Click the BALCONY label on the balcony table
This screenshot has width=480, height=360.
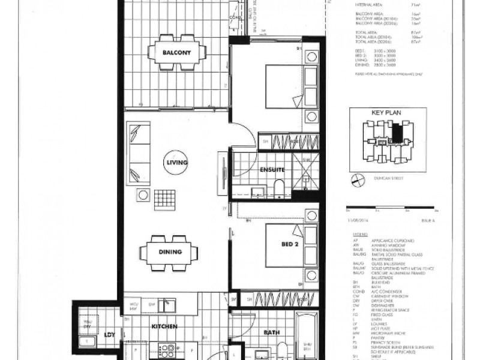pyautogui.click(x=176, y=53)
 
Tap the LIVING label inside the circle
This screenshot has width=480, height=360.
pyautogui.click(x=178, y=163)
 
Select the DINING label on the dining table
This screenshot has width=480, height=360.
pyautogui.click(x=170, y=251)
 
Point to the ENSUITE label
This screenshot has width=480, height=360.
pyautogui.click(x=271, y=170)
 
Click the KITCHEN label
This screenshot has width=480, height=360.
pyautogui.click(x=164, y=326)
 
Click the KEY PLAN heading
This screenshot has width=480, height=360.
pyautogui.click(x=386, y=113)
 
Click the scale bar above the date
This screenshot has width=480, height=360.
pyautogui.click(x=390, y=211)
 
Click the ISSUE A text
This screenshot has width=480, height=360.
pyautogui.click(x=429, y=221)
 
